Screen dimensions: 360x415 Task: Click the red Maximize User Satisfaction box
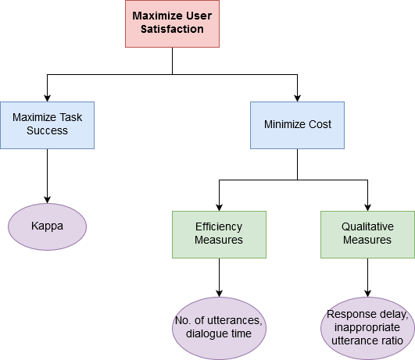pos(172,23)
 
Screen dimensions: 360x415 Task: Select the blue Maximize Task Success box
pos(47,125)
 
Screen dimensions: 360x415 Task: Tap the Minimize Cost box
pos(297,125)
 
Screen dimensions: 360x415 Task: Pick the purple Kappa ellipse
pos(47,226)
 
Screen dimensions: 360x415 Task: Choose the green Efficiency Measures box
pos(219,234)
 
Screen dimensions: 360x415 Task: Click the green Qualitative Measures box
pos(367,234)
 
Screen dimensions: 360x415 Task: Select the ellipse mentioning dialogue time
pos(219,327)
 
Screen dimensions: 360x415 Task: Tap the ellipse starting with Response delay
pos(367,327)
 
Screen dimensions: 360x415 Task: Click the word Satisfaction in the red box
pos(172,30)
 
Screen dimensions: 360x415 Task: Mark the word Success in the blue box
pos(47,130)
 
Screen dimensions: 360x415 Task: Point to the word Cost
pos(319,125)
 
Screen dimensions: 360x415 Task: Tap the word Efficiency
pos(219,227)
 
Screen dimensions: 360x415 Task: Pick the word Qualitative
pos(367,227)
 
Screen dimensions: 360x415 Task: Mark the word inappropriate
pos(367,328)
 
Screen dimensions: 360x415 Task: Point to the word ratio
pos(391,340)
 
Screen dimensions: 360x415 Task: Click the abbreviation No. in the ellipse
pos(184,321)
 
